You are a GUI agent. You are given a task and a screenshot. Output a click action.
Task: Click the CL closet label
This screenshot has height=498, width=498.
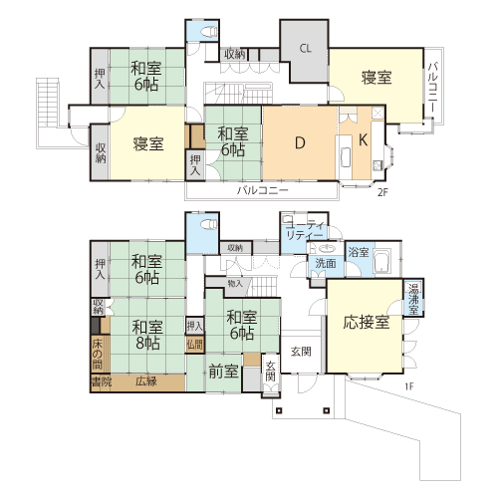[306, 49]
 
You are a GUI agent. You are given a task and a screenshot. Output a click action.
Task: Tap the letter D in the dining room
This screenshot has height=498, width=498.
[300, 143]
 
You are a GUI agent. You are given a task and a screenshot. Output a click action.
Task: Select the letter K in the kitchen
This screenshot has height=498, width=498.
[363, 140]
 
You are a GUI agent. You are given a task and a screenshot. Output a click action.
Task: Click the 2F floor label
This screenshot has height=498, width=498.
[382, 192]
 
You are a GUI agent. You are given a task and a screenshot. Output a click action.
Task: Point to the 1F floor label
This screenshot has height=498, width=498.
[409, 386]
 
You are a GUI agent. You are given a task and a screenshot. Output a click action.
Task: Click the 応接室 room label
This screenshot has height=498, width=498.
[367, 322]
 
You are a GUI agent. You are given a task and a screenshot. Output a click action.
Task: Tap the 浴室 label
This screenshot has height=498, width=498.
[359, 252]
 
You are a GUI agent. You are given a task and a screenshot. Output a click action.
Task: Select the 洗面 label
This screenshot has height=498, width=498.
[326, 263]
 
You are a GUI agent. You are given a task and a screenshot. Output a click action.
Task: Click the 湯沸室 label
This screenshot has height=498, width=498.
[413, 299]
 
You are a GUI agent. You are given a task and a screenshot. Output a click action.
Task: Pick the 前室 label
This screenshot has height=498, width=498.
[223, 372]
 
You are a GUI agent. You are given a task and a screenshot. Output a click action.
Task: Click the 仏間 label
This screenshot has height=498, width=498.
[194, 345]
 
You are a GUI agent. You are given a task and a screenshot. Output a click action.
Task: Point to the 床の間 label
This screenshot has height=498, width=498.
[97, 355]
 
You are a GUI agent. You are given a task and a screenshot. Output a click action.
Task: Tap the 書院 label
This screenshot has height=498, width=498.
[102, 381]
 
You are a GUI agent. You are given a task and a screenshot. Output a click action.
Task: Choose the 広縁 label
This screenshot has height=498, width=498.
[146, 381]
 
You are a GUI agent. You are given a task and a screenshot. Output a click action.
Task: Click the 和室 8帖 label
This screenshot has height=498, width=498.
[147, 335]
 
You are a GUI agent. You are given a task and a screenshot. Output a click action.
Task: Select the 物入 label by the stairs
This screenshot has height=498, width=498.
[235, 284]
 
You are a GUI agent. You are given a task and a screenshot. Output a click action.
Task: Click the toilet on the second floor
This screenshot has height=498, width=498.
[209, 31]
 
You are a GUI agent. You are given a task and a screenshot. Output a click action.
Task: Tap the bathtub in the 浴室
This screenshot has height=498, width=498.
[382, 261]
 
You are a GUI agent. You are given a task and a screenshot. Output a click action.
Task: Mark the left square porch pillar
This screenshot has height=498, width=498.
[279, 410]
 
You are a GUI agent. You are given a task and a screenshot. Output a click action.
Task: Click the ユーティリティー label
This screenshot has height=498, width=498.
[305, 230]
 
